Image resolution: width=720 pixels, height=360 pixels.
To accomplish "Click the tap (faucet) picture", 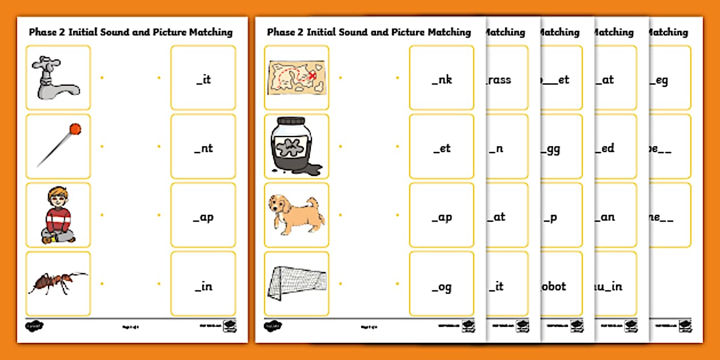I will [x=57, y=78].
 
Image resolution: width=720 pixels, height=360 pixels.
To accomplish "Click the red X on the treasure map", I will [x=312, y=74].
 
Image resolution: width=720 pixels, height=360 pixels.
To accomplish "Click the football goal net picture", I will [x=297, y=283].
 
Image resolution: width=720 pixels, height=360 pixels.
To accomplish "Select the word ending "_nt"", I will [x=203, y=149].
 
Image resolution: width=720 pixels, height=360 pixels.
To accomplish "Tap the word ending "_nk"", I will [x=442, y=80].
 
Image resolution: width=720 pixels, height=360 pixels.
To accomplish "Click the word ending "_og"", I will [x=442, y=286].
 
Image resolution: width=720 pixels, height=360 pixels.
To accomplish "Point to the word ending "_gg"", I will [x=551, y=149].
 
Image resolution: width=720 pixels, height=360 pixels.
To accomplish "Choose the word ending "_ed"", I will [x=605, y=149].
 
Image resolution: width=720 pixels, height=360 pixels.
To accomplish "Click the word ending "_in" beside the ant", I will [x=203, y=286].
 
